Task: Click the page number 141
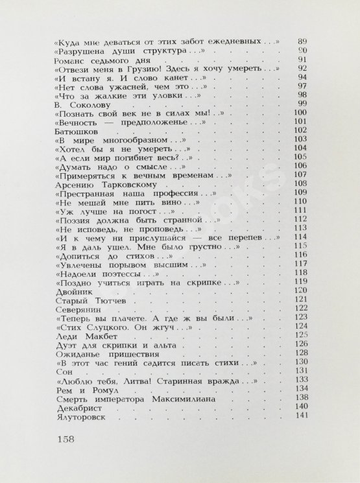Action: click(300, 416)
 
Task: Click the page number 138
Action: click(300, 397)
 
